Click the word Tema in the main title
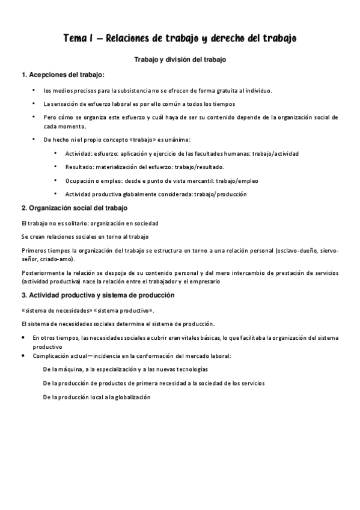[x=75, y=38]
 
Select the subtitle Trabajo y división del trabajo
[x=180, y=60]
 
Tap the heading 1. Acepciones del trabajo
[x=63, y=75]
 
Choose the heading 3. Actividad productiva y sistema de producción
[x=98, y=295]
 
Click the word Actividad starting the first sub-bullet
[x=78, y=153]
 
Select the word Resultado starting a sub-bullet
[x=79, y=167]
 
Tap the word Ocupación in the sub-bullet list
[x=79, y=180]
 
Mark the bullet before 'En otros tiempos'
[x=23, y=338]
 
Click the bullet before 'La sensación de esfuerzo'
[x=34, y=103]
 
